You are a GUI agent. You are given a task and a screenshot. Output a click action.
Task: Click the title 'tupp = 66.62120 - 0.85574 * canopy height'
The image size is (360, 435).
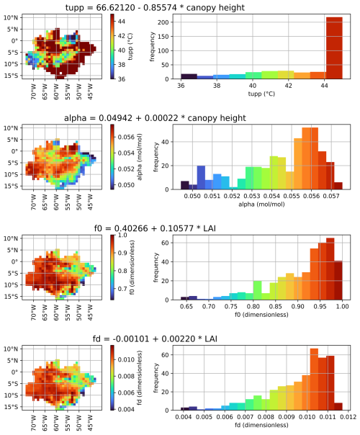coord(180,6)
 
